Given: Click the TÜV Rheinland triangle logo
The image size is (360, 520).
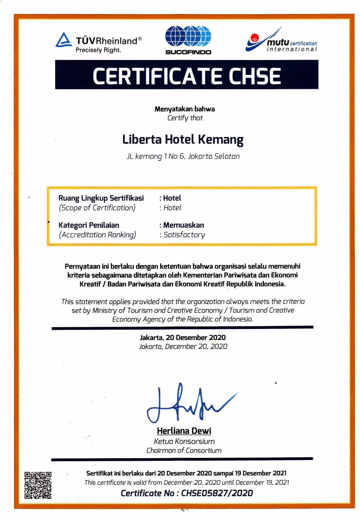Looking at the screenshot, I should [64, 40].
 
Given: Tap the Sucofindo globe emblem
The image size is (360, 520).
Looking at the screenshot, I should [188, 36].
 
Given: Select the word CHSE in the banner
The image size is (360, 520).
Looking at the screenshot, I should [255, 76].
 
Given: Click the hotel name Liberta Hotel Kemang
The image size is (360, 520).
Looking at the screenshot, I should [183, 140].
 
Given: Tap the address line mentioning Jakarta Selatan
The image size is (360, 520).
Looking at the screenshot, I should [183, 156].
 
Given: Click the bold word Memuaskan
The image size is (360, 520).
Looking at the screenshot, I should [184, 225].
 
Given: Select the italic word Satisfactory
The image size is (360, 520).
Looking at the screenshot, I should [184, 235].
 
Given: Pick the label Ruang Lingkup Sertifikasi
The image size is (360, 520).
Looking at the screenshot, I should [101, 198].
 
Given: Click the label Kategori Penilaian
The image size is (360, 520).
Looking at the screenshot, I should [89, 225].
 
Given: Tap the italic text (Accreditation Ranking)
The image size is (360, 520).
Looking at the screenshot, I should [97, 235].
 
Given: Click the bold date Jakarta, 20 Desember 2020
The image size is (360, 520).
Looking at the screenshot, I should [183, 338].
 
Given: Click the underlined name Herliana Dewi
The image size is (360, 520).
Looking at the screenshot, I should [184, 431].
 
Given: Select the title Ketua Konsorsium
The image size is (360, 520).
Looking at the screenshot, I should [184, 441].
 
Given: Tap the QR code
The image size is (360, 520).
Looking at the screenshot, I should [38, 485].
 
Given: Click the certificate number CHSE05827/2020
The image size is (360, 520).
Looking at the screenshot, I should [217, 493].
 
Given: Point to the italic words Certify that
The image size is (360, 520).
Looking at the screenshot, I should [185, 118].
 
